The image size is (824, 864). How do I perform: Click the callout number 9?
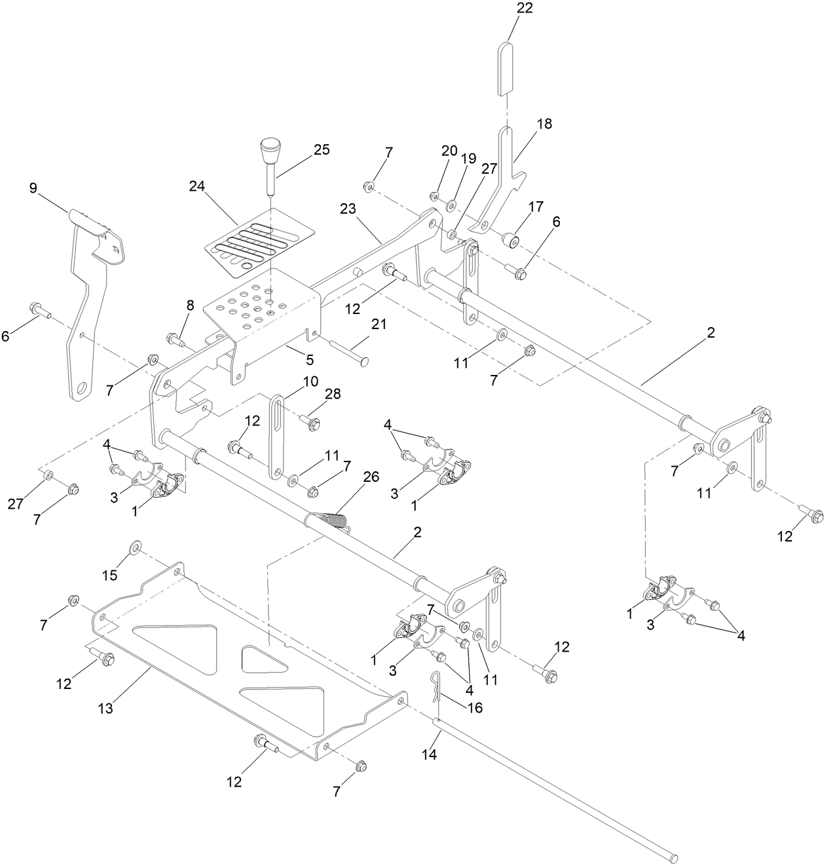pyautogui.click(x=33, y=188)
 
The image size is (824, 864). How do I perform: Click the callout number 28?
pyautogui.click(x=333, y=393)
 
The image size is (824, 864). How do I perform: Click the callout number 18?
pyautogui.click(x=544, y=124)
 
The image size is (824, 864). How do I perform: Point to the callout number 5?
pyautogui.click(x=309, y=359)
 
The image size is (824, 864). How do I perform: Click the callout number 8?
pyautogui.click(x=190, y=305)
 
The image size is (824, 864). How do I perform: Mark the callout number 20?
pyautogui.click(x=449, y=150)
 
